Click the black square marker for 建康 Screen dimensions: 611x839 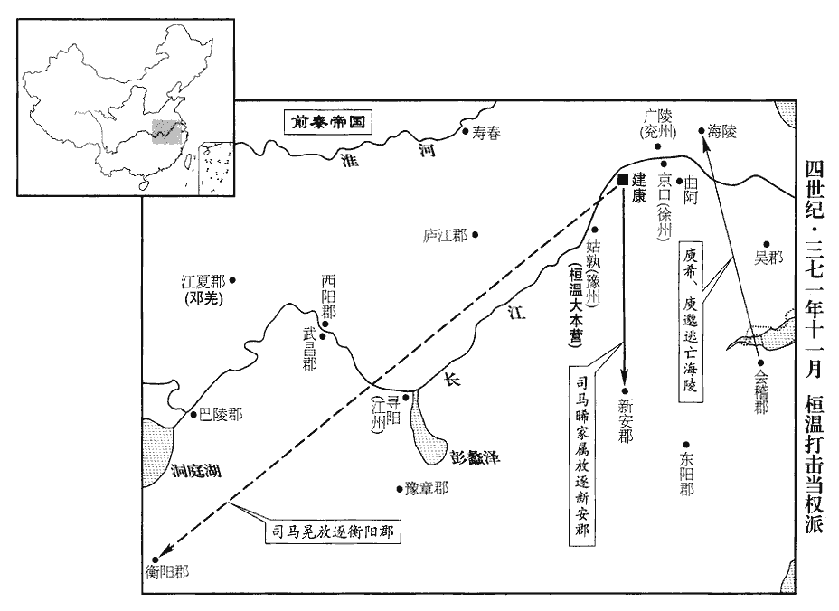point(623,180)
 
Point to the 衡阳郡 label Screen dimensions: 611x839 point(167,571)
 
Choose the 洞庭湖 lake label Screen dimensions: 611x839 point(195,470)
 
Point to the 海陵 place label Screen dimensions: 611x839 point(723,132)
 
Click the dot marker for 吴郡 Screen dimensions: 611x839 point(766,244)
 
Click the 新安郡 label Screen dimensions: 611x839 point(625,420)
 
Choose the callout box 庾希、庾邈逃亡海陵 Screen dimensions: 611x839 point(692,321)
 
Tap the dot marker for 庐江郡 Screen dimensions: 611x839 point(475,236)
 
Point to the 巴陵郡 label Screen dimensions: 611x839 point(221,415)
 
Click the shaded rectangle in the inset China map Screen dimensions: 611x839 point(165,131)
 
